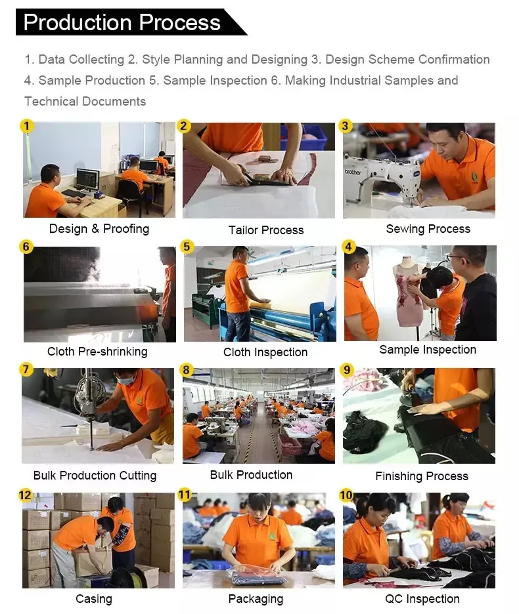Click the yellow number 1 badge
(x=27, y=126)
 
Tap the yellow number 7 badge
(x=26, y=369)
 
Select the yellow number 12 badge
(x=25, y=495)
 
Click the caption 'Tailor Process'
(x=266, y=230)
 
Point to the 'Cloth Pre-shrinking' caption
(x=97, y=352)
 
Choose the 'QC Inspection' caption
(x=422, y=599)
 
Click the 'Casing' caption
(x=94, y=599)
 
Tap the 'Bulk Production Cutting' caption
(x=95, y=476)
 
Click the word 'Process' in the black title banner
(x=179, y=22)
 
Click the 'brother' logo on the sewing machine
(x=353, y=172)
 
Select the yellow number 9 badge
(x=347, y=370)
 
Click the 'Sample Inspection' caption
(x=428, y=350)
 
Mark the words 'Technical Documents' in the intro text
(x=85, y=102)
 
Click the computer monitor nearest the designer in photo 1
(x=87, y=179)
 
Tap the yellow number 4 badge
(x=348, y=247)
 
